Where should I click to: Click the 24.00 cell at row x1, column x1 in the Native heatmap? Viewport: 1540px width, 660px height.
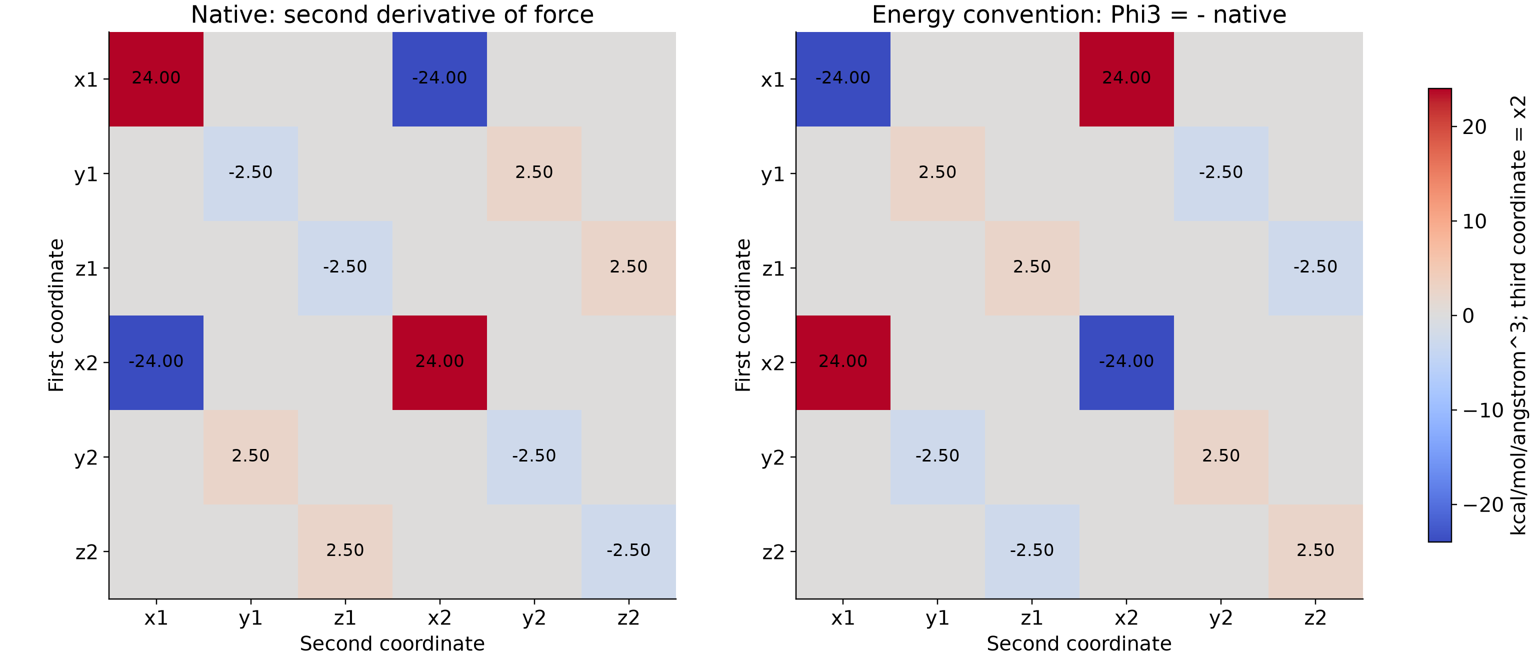[x=156, y=79]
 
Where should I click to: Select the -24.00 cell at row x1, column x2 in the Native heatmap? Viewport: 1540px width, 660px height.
[x=439, y=79]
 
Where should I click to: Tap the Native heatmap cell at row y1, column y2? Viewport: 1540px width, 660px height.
[x=534, y=173]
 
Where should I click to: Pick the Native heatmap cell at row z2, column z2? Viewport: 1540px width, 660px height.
[x=628, y=551]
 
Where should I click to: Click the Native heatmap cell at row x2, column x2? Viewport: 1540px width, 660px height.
[x=439, y=362]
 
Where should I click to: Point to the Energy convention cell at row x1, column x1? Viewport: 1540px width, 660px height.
[x=843, y=79]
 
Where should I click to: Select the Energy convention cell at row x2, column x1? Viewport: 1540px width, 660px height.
[x=843, y=362]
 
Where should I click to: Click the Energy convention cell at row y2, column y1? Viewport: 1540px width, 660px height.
[x=937, y=456]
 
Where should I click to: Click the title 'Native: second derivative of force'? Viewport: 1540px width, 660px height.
[x=392, y=14]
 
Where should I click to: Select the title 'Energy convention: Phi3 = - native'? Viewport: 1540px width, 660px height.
[x=1079, y=14]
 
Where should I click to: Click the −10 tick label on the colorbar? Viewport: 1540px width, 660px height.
[x=1482, y=410]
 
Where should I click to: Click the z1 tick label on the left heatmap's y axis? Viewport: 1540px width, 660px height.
[x=86, y=268]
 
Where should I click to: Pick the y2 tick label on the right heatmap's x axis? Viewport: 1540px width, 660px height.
[x=1221, y=617]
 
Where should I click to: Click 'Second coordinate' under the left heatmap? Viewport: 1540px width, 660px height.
[x=392, y=644]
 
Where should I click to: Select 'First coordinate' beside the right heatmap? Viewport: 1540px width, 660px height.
[x=743, y=315]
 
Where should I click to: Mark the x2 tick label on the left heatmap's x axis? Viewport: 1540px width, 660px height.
[x=439, y=617]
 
